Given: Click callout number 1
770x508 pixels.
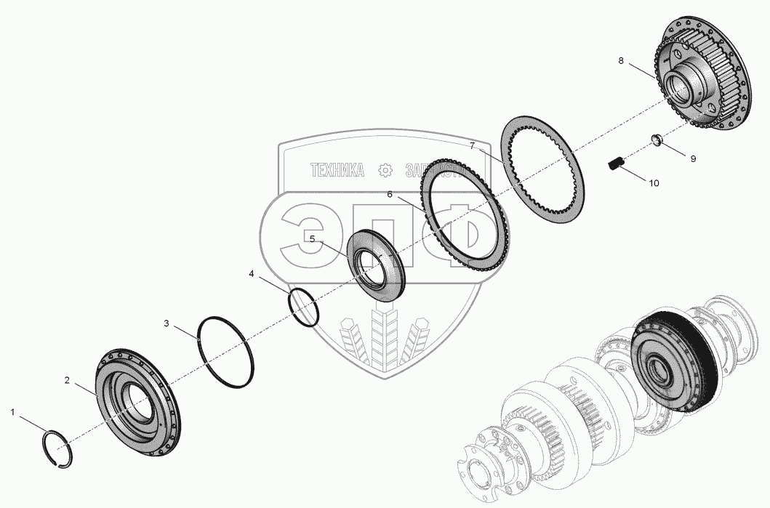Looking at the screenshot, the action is click(x=12, y=413).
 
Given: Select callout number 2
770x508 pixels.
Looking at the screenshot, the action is click(x=67, y=380).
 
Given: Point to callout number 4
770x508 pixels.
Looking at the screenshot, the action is click(x=252, y=274).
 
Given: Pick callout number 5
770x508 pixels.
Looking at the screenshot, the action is click(x=312, y=238).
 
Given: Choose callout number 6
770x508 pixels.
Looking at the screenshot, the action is click(x=390, y=195).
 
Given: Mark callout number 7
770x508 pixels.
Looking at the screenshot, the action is click(x=472, y=146).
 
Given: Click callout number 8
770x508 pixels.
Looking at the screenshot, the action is click(x=621, y=61).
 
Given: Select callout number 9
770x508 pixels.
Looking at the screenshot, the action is click(x=692, y=158).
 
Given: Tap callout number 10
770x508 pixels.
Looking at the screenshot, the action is click(x=654, y=184).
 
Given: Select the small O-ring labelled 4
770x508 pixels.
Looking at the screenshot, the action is click(x=304, y=307).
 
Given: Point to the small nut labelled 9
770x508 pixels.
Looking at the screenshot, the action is click(x=654, y=141).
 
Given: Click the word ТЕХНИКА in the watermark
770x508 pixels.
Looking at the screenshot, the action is click(x=337, y=171).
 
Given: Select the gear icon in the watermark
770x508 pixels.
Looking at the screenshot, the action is click(x=385, y=171).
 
